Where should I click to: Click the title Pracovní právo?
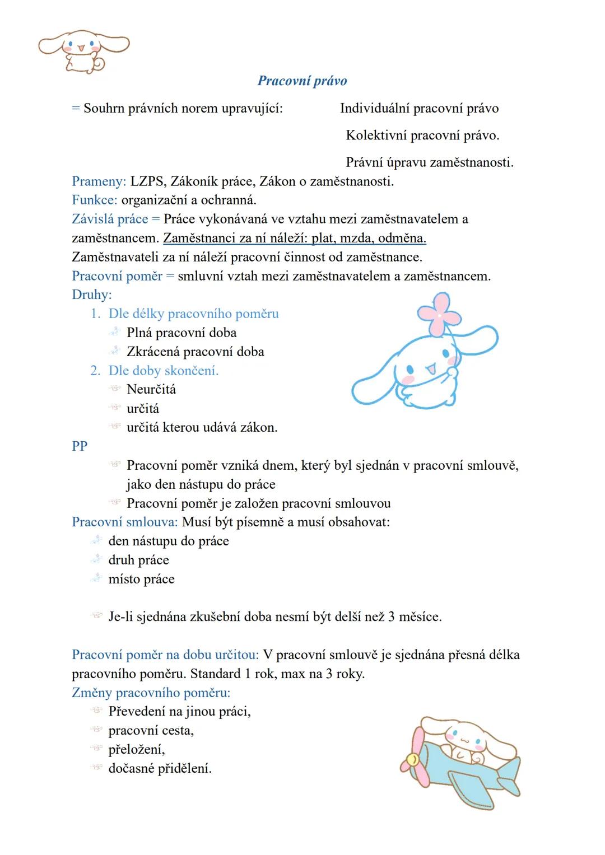(x=302, y=81)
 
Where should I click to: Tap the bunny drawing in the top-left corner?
(x=83, y=50)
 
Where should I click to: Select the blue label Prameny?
(x=99, y=181)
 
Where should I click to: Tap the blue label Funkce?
(x=94, y=200)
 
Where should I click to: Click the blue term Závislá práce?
(x=110, y=219)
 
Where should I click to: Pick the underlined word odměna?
(x=402, y=238)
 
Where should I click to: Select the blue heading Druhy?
(x=92, y=295)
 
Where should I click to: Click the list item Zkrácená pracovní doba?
(x=195, y=352)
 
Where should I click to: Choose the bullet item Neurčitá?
(x=151, y=389)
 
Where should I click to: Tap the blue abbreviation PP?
(x=80, y=446)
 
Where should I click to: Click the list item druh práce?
(x=138, y=560)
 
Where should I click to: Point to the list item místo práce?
(x=141, y=579)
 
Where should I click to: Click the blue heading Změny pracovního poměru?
(x=151, y=693)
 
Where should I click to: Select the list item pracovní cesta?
(x=151, y=731)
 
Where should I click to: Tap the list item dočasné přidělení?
(x=160, y=769)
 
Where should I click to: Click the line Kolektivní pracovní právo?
(x=422, y=135)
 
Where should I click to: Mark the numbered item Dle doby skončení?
(x=163, y=371)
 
